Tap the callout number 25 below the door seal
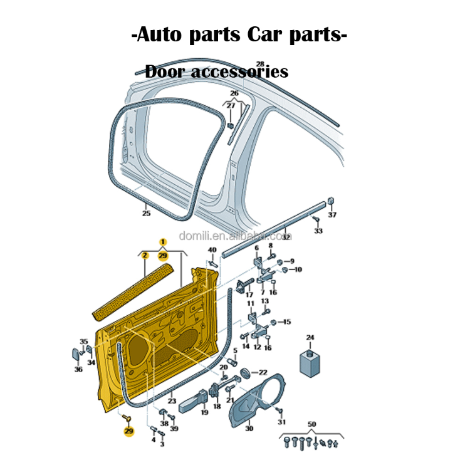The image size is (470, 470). [146, 214]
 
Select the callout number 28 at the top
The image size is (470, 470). [260, 64]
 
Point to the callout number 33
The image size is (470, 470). [318, 231]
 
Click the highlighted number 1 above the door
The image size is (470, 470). [163, 242]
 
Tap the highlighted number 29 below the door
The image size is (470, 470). [128, 431]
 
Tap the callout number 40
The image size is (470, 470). [212, 251]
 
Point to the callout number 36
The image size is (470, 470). [78, 370]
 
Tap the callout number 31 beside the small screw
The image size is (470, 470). [281, 422]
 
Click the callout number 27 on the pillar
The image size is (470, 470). [231, 106]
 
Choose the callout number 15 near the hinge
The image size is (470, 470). [287, 322]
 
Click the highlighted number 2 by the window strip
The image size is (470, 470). [145, 256]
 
